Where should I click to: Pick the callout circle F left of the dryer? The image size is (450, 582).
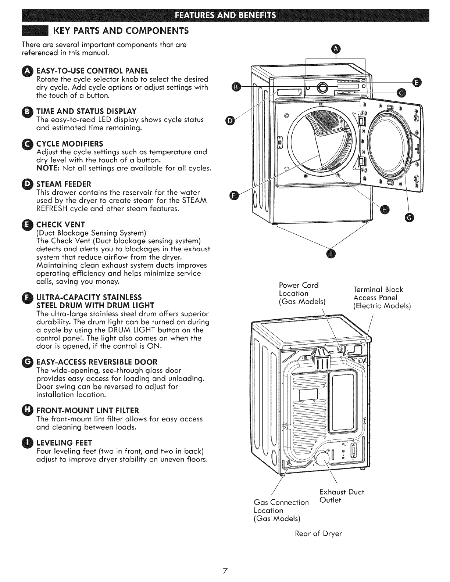[x=233, y=196]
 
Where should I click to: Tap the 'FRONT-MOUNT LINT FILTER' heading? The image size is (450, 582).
[x=87, y=410]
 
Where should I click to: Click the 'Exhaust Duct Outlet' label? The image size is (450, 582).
[x=342, y=496]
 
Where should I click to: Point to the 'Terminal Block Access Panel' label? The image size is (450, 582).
[x=381, y=297]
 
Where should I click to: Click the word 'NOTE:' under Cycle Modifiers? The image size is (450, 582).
[x=47, y=169]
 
